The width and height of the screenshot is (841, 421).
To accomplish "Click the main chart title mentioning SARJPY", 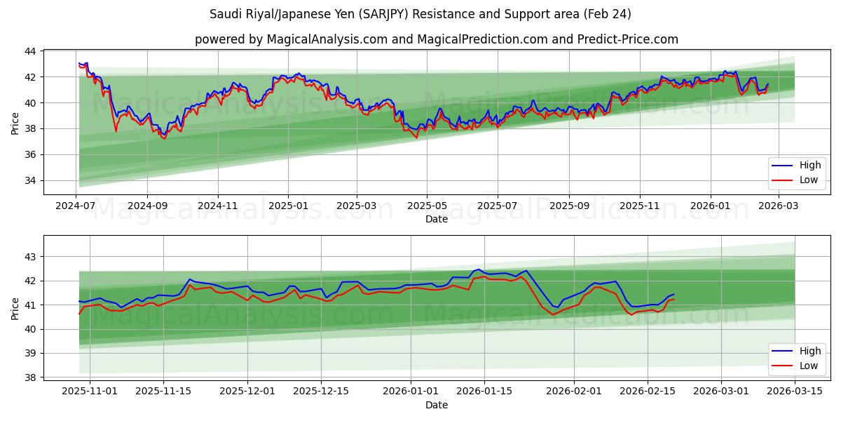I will [420, 14].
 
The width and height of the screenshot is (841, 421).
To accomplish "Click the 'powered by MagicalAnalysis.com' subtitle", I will [436, 39].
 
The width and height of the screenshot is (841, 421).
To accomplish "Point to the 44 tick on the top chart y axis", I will [30, 51].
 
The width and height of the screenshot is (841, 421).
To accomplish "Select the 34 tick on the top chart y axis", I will [30, 180].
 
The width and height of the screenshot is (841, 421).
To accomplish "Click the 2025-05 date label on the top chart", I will [427, 206].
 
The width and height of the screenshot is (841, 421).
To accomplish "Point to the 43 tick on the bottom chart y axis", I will [30, 257].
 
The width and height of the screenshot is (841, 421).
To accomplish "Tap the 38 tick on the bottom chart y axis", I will [30, 377].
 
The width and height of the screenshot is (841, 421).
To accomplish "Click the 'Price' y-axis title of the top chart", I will [15, 122].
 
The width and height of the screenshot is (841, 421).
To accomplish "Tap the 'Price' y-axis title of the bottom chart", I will [15, 308].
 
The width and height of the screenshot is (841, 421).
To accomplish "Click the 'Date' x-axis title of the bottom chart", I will [436, 405].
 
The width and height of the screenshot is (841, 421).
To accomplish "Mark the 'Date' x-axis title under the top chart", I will [436, 219].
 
